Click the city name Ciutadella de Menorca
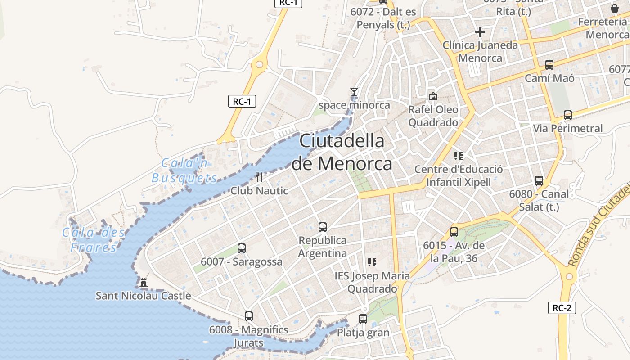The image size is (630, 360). [342, 152]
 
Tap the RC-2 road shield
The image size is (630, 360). [562, 308]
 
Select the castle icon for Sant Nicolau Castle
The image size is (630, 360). [144, 283]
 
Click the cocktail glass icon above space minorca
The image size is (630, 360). [354, 92]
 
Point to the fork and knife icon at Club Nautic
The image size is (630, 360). [259, 177]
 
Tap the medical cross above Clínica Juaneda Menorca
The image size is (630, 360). [480, 32]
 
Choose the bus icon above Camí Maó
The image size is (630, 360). [549, 65]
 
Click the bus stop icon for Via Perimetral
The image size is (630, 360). [568, 115]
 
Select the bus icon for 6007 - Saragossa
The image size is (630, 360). [242, 248]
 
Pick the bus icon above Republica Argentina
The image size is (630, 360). [323, 227]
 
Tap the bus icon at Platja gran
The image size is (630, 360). [363, 319]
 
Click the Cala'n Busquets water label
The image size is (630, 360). [184, 170]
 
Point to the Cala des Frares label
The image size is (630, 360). [94, 240]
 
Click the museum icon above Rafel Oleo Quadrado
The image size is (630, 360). [433, 96]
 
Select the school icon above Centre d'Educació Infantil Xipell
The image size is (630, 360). [459, 156]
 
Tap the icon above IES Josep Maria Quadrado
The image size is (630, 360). [372, 262]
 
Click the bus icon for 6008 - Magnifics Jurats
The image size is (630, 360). [249, 316]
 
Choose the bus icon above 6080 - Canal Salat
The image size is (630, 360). [539, 181]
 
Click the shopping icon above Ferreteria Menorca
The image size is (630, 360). [615, 9]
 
